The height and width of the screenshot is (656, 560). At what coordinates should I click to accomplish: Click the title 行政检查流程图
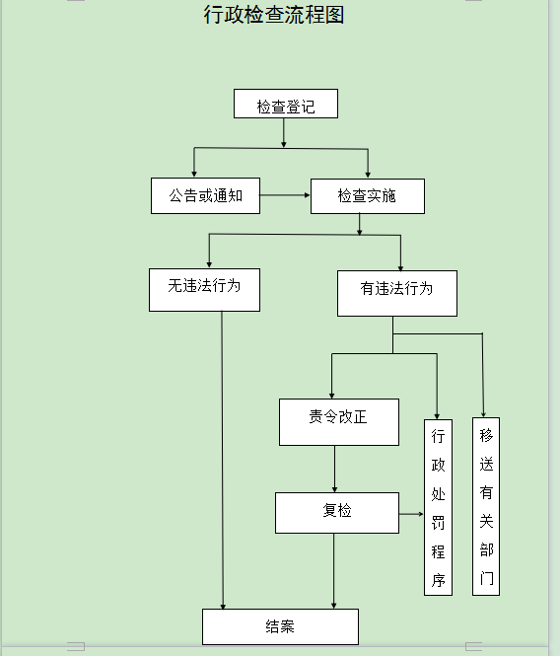(x=273, y=15)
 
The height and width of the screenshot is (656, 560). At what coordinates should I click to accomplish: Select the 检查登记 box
(x=285, y=105)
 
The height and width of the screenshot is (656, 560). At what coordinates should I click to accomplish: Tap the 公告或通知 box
(x=205, y=195)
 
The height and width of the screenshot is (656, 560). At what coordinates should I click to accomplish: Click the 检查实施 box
(x=367, y=195)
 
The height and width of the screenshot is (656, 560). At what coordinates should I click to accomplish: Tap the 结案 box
(x=280, y=626)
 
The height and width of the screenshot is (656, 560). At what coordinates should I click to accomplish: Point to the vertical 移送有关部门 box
(x=485, y=506)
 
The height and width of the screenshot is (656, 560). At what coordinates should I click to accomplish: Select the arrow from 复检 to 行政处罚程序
(x=411, y=514)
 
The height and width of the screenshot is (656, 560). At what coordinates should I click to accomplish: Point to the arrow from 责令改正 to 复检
(x=335, y=469)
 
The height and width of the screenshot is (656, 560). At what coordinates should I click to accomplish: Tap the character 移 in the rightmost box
(x=485, y=435)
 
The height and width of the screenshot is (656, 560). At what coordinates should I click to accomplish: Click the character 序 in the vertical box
(x=438, y=580)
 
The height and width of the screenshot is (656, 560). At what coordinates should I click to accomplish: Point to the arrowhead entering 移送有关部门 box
(x=483, y=412)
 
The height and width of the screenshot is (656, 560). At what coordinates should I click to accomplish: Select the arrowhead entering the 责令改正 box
(x=332, y=394)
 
